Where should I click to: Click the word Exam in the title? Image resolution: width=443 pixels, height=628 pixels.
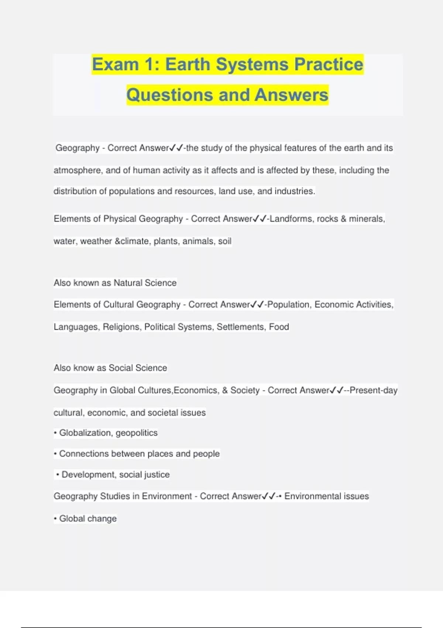click(115, 65)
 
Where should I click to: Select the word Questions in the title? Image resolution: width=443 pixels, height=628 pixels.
click(170, 95)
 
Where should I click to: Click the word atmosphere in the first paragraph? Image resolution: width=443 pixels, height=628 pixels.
click(78, 170)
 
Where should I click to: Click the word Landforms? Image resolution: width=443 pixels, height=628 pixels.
click(291, 219)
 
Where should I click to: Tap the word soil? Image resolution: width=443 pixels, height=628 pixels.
click(225, 241)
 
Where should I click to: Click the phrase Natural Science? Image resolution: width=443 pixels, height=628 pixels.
click(145, 283)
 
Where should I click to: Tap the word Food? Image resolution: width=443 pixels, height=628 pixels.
click(279, 327)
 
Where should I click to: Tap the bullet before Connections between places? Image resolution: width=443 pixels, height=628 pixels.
click(55, 454)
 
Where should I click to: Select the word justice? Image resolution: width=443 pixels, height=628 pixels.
click(157, 475)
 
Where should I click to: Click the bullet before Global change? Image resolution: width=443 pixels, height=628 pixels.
click(55, 519)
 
